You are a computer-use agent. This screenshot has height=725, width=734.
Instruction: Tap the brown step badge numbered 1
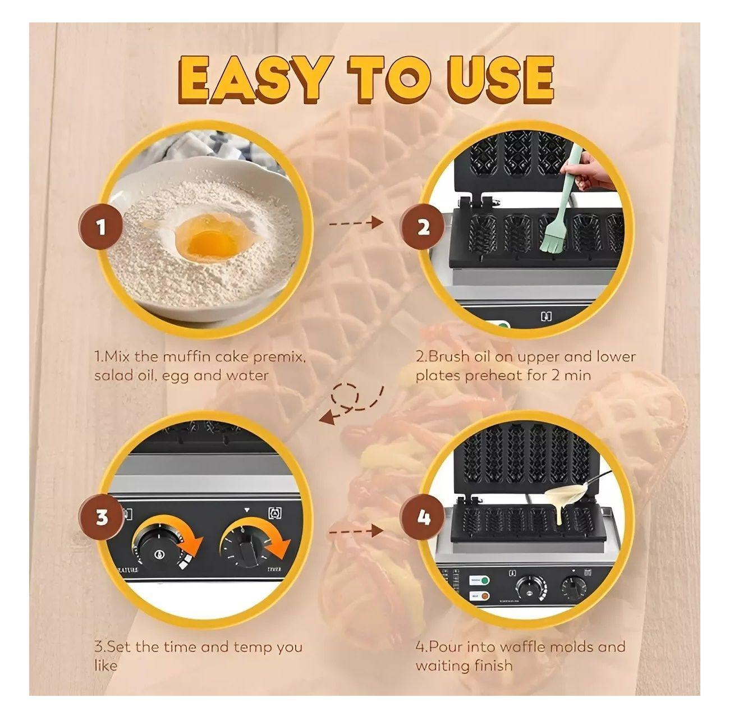101,228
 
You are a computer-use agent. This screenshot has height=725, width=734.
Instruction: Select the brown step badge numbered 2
423,228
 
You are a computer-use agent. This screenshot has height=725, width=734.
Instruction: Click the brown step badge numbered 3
101,517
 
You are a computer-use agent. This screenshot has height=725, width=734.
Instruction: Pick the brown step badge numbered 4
423,517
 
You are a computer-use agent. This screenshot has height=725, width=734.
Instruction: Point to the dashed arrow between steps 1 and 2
355,223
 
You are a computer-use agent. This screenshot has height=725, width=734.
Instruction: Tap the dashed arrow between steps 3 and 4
355,529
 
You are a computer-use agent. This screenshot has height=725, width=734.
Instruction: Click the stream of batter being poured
563,508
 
